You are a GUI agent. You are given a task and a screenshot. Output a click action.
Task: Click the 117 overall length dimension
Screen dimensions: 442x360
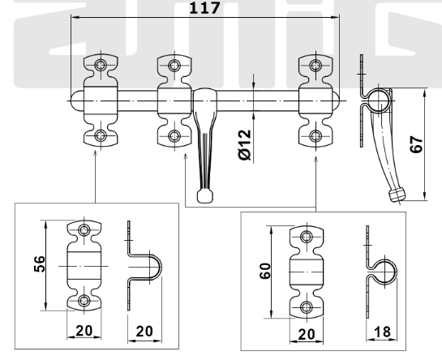pyautogui.click(x=204, y=8)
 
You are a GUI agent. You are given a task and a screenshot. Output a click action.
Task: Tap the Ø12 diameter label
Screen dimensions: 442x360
pyautogui.click(x=245, y=145)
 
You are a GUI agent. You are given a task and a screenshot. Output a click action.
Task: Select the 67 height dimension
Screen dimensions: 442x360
pyautogui.click(x=416, y=144)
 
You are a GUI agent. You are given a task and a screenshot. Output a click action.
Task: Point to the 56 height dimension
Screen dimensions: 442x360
pyautogui.click(x=40, y=264)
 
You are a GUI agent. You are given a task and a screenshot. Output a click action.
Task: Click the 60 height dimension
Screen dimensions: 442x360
pyautogui.click(x=265, y=271)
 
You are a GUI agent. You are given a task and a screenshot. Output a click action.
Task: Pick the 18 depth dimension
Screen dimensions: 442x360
pyautogui.click(x=382, y=332)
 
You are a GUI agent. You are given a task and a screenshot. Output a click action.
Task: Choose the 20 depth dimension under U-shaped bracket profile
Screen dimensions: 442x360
pyautogui.click(x=144, y=332)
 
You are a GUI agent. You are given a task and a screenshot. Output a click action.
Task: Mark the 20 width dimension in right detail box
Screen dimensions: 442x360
pyautogui.click(x=306, y=335)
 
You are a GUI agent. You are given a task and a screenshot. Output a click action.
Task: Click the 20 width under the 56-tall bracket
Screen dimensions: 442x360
pyautogui.click(x=84, y=331)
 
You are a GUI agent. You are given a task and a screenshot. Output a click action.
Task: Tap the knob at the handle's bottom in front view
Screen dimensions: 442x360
pyautogui.click(x=205, y=196)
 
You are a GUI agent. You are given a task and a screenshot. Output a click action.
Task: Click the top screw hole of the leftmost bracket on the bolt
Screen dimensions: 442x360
pyautogui.click(x=101, y=65)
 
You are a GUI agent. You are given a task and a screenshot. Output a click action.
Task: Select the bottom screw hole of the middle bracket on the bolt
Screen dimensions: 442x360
pyautogui.click(x=174, y=136)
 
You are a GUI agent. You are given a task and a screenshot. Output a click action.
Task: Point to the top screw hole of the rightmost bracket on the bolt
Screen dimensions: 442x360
pyautogui.click(x=315, y=66)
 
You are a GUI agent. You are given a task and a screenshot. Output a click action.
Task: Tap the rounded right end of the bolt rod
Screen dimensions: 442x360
pyautogui.click(x=336, y=101)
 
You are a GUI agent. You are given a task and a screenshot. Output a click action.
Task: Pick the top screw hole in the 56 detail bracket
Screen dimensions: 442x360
pyautogui.click(x=84, y=230)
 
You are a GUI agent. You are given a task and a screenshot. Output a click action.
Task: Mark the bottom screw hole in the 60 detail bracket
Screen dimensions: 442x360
pyautogui.click(x=307, y=307)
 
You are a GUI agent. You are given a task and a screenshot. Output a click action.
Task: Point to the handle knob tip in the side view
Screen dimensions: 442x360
pyautogui.click(x=396, y=195)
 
